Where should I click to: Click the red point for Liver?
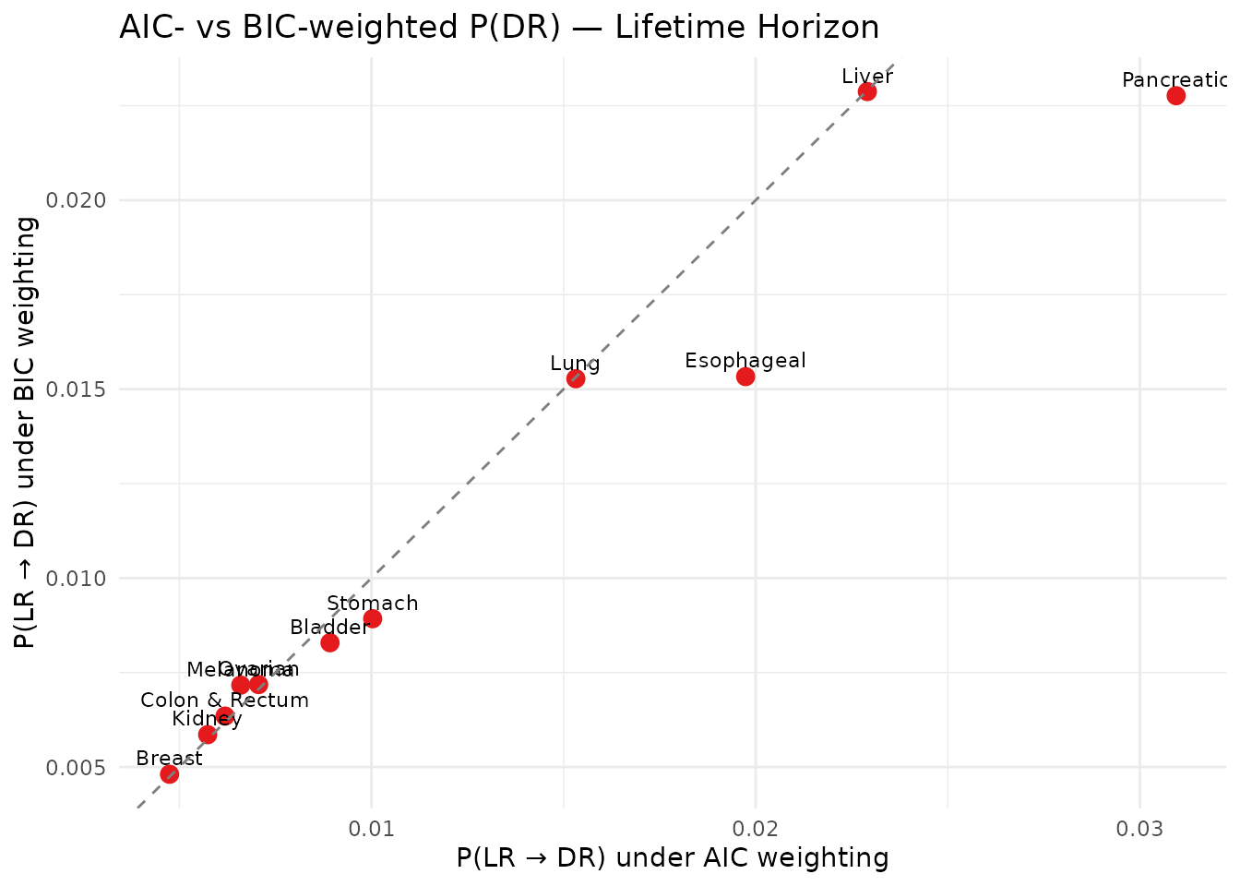click(867, 91)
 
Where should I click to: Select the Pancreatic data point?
click(1175, 96)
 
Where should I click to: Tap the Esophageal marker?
click(745, 377)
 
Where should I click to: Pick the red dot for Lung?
click(576, 378)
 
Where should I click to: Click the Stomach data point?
click(373, 618)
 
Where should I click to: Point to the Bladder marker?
click(329, 642)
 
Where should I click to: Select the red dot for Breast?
click(170, 773)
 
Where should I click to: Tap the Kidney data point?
click(208, 735)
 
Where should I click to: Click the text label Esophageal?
click(745, 360)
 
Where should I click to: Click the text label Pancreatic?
click(1175, 80)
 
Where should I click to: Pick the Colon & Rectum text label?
click(224, 700)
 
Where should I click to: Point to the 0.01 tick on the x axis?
click(371, 828)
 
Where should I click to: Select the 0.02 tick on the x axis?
click(756, 828)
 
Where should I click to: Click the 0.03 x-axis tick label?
click(1140, 828)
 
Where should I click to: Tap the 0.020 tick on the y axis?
click(82, 200)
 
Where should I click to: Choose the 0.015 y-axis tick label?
click(82, 389)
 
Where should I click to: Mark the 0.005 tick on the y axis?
click(82, 768)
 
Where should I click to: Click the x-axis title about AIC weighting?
click(673, 858)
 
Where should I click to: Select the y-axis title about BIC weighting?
click(27, 433)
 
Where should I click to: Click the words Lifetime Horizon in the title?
click(747, 28)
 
